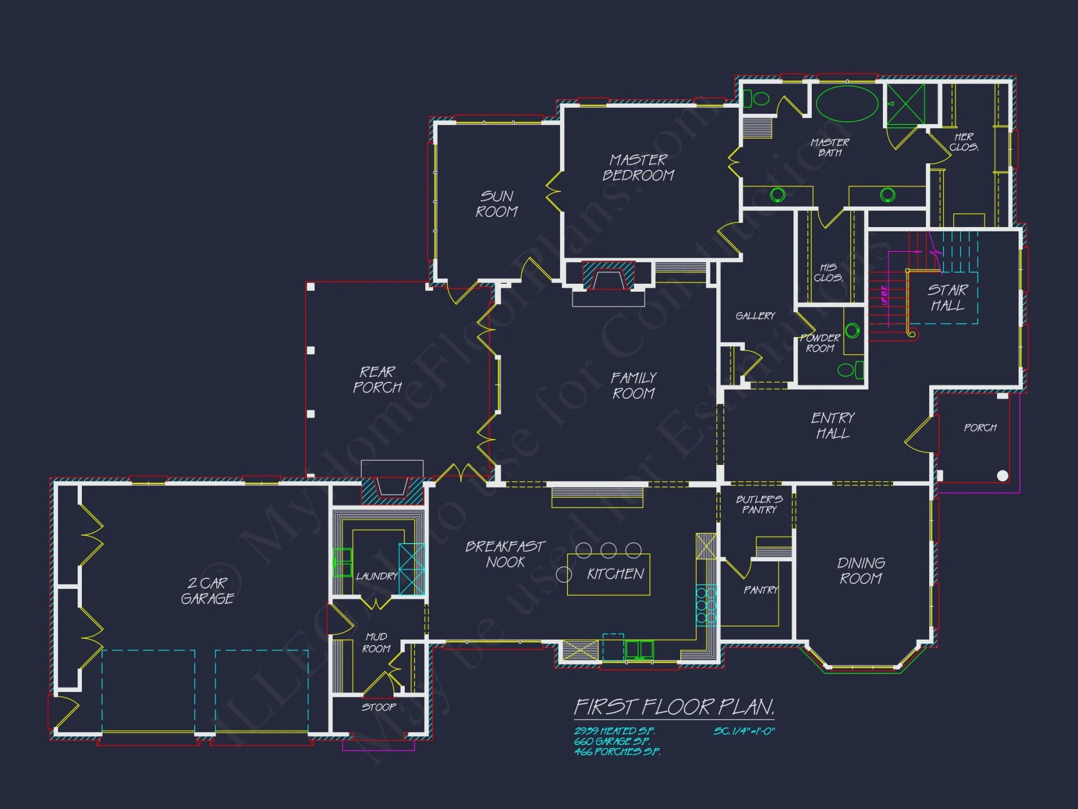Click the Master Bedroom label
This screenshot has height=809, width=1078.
[x=638, y=168]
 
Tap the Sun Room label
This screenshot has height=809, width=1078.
[x=496, y=204]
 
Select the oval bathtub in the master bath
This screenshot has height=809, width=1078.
[x=847, y=104]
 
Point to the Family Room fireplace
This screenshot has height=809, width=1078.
[x=609, y=278]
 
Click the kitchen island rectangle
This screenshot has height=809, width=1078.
[x=609, y=574]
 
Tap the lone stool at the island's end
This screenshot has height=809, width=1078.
[x=564, y=574]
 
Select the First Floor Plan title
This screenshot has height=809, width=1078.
[x=674, y=707]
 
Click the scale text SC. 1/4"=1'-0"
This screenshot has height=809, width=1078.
[x=744, y=731]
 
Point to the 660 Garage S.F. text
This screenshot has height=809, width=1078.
[x=612, y=742]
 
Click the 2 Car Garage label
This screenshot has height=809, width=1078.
[x=208, y=591]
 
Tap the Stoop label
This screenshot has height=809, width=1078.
[x=378, y=707]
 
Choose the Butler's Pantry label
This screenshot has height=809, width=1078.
[x=759, y=504]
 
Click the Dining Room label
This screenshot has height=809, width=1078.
[x=861, y=571]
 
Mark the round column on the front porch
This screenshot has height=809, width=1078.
[x=1003, y=476]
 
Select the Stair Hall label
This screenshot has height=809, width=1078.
[x=948, y=298]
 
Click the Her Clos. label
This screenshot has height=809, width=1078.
[x=964, y=142]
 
